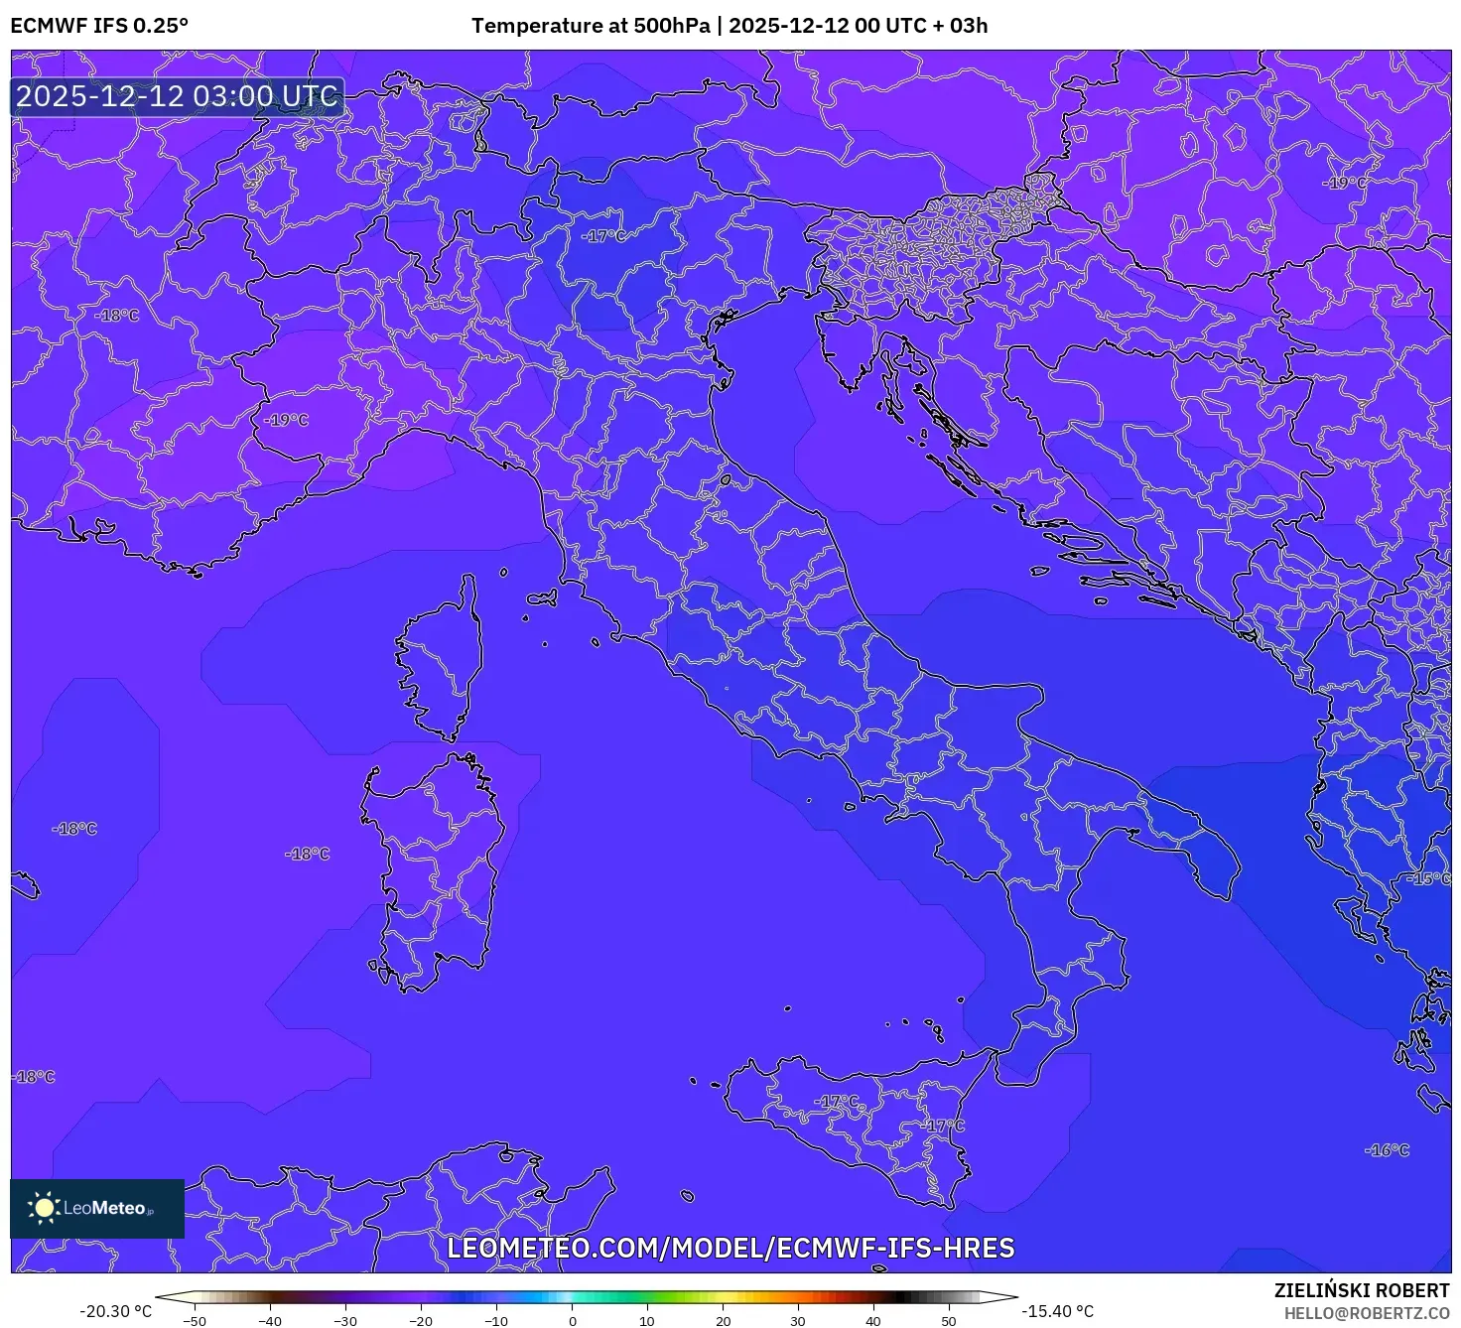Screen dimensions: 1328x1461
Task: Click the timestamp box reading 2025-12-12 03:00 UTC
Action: [x=178, y=96]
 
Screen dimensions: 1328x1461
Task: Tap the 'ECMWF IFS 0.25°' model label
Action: [x=99, y=26]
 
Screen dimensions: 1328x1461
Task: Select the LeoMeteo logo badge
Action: [x=97, y=1208]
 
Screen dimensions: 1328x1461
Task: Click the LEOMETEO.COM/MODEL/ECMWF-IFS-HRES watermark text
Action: [x=730, y=1248]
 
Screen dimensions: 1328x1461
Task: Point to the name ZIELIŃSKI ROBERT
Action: [x=1362, y=1290]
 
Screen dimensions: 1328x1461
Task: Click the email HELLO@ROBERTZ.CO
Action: [x=1367, y=1313]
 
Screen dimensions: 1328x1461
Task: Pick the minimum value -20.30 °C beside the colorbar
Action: [x=116, y=1311]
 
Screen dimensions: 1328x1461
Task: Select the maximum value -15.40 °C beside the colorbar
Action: [x=1058, y=1311]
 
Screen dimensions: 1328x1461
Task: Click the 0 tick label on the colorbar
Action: [x=572, y=1321]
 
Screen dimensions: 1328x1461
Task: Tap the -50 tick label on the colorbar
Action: [x=195, y=1321]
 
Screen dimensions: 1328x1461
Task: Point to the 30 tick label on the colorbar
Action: [x=798, y=1321]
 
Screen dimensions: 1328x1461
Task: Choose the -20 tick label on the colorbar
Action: [x=421, y=1321]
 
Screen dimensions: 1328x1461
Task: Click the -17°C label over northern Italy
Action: [x=603, y=236]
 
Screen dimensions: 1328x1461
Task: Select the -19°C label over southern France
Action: [x=286, y=420]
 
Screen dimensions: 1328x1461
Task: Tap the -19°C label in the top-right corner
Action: [x=1344, y=183]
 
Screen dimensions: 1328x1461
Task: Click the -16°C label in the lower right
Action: [x=1387, y=1150]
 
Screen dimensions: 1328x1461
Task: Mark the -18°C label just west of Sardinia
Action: [x=307, y=854]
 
